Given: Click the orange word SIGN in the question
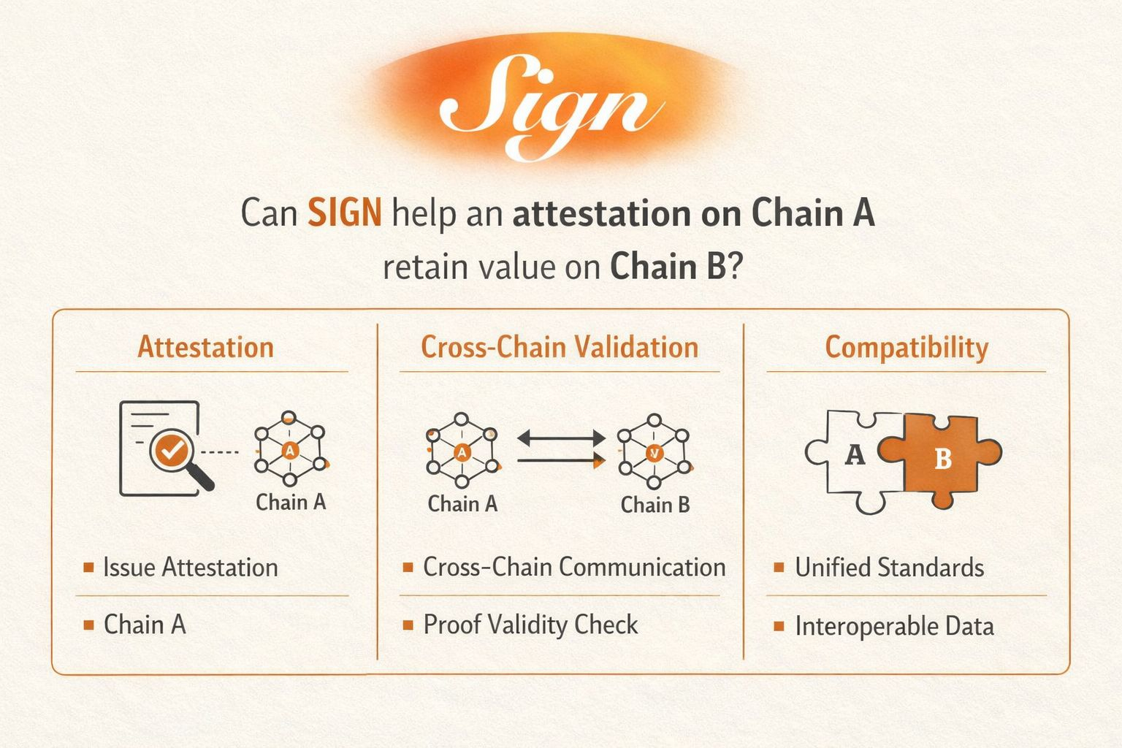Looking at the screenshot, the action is pyautogui.click(x=344, y=213).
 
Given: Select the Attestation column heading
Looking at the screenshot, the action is pyautogui.click(x=205, y=347).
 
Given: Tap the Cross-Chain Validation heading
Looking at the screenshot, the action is pyautogui.click(x=560, y=347).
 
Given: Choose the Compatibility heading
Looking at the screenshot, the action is pyautogui.click(x=906, y=348).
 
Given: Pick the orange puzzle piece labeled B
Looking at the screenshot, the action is pyautogui.click(x=942, y=459).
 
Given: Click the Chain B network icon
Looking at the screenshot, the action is pyautogui.click(x=654, y=452).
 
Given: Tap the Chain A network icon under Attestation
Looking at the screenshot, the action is pyautogui.click(x=290, y=450).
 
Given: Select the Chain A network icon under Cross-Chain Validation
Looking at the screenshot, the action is pyautogui.click(x=462, y=451).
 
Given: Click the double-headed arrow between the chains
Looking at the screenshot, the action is pyautogui.click(x=561, y=439).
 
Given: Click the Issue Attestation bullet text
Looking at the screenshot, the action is pyautogui.click(x=190, y=568).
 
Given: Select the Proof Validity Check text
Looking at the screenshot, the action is pyautogui.click(x=530, y=625).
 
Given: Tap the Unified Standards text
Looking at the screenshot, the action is pyautogui.click(x=889, y=568).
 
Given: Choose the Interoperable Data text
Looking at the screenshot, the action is pyautogui.click(x=894, y=626).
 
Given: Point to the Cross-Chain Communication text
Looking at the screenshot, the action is pyautogui.click(x=574, y=567).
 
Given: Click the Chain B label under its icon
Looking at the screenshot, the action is pyautogui.click(x=655, y=505).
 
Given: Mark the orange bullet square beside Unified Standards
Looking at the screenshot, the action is pyautogui.click(x=779, y=568).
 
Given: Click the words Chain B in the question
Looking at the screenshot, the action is pyautogui.click(x=668, y=267).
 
